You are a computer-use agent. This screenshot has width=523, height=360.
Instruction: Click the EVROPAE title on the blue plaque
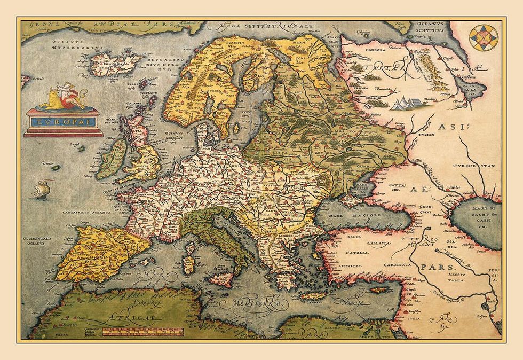[x=64, y=121]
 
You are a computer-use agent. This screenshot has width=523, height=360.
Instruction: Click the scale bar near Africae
[x=144, y=332]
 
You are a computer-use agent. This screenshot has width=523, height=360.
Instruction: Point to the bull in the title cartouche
[x=49, y=97]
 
